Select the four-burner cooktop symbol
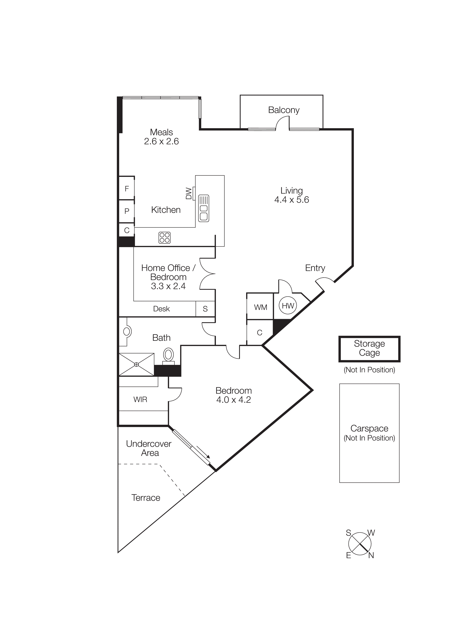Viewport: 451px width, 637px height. pyautogui.click(x=164, y=238)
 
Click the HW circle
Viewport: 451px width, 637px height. pyautogui.click(x=288, y=306)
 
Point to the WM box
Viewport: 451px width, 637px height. pyautogui.click(x=260, y=307)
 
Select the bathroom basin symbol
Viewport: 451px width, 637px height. pyautogui.click(x=127, y=332)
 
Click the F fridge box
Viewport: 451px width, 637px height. pyautogui.click(x=127, y=189)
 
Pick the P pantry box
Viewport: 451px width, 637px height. pyautogui.click(x=127, y=211)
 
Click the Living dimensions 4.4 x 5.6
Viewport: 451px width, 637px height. pyautogui.click(x=291, y=200)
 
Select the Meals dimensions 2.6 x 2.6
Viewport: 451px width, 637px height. pyautogui.click(x=161, y=141)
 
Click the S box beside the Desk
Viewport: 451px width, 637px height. pyautogui.click(x=205, y=309)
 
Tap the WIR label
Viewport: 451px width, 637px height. pyautogui.click(x=140, y=399)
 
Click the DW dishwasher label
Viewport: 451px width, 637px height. pyautogui.click(x=189, y=193)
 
